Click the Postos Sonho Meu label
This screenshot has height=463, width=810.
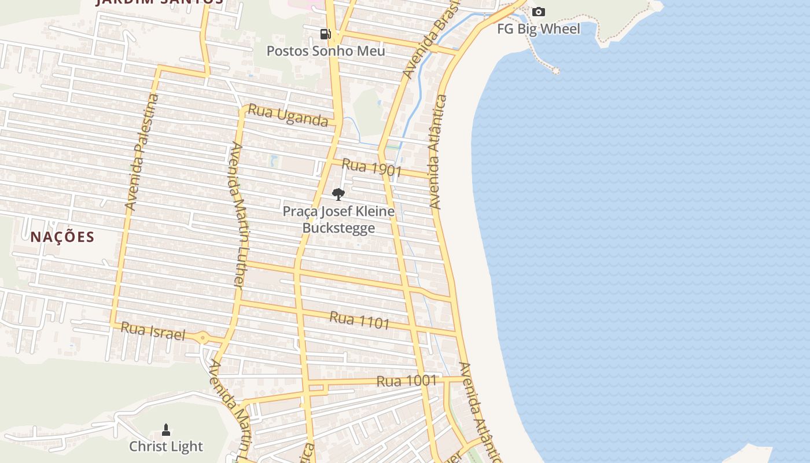coord(326,51)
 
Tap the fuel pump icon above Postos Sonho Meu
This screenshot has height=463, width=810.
coord(326,34)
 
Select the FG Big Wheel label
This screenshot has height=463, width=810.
coord(539,29)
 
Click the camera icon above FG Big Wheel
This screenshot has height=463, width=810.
coord(539,12)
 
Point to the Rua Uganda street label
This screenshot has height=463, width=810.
coord(288,115)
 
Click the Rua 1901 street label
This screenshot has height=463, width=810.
coord(371,168)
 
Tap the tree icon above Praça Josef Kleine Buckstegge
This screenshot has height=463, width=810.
coord(338,194)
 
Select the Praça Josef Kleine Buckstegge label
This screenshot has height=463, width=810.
coord(338,219)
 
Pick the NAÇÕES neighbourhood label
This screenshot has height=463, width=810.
coord(62,237)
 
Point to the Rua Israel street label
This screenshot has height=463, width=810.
coord(153,332)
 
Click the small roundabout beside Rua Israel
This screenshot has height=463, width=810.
coord(202,337)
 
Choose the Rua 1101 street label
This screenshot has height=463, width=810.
coord(359,320)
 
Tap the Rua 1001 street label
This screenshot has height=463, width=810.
coord(406,381)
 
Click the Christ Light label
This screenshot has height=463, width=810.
coord(166,446)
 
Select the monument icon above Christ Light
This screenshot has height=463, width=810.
coord(166,430)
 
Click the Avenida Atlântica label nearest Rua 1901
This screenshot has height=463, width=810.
coord(438,152)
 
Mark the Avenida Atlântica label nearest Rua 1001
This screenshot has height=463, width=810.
coord(480,411)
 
